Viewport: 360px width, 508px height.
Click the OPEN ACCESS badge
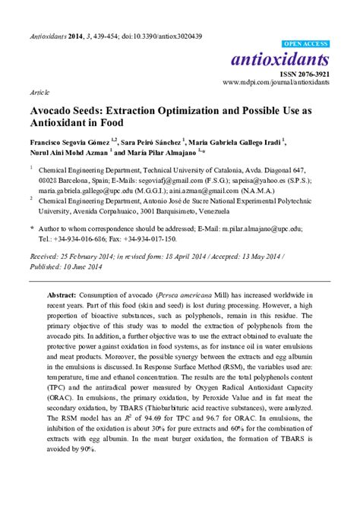[x=306, y=44]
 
